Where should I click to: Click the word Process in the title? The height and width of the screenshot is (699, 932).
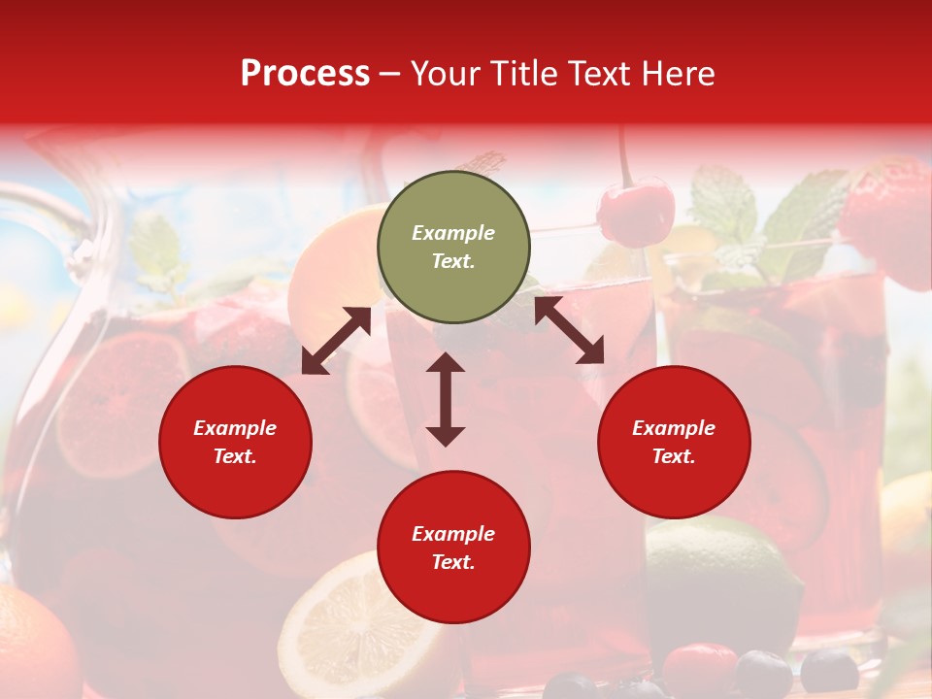[305, 74]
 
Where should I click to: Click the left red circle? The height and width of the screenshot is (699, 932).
[235, 442]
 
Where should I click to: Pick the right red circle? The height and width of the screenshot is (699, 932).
[674, 442]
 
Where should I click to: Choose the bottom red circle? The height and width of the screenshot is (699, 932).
[453, 548]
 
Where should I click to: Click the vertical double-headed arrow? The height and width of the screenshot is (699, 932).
[446, 399]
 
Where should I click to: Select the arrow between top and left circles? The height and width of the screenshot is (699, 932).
[336, 341]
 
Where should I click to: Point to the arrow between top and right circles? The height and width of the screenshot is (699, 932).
[569, 330]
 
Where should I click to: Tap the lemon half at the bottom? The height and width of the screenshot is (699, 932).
[340, 631]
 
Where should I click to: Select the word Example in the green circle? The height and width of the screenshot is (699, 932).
[453, 233]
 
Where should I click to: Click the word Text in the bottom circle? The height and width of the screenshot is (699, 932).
[453, 562]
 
